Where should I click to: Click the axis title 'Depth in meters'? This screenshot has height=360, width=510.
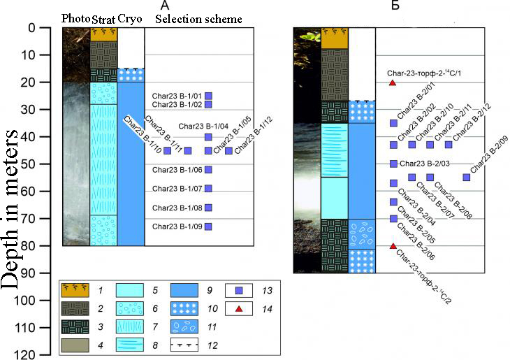pos(10,209)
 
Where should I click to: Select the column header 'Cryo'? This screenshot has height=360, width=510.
pos(130,19)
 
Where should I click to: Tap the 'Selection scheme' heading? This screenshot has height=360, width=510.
pos(198,19)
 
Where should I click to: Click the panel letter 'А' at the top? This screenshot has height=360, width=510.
pos(166,5)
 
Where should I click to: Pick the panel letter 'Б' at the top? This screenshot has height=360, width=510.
pos(395,5)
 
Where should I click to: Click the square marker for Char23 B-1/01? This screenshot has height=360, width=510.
pos(208,96)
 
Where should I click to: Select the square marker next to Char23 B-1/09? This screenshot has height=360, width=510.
pos(208,226)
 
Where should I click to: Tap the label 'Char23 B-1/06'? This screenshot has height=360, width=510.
pos(177,170)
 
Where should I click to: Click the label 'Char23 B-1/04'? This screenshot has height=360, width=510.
pos(203,127)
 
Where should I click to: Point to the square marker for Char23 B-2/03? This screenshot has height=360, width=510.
pos(393,164)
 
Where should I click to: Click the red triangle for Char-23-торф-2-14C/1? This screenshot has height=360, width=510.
pos(393,82)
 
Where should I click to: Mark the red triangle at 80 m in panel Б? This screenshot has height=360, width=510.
pos(393,246)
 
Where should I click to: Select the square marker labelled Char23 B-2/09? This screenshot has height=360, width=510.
pos(467,178)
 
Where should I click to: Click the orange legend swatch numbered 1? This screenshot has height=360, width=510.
pos(75,290)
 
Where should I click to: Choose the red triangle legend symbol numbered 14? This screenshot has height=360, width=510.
pos(239,309)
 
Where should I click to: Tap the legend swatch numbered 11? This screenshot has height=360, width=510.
pos(184,326)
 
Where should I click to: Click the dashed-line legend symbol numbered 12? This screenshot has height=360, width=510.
pos(184,345)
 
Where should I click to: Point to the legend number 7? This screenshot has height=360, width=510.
pos(155,327)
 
